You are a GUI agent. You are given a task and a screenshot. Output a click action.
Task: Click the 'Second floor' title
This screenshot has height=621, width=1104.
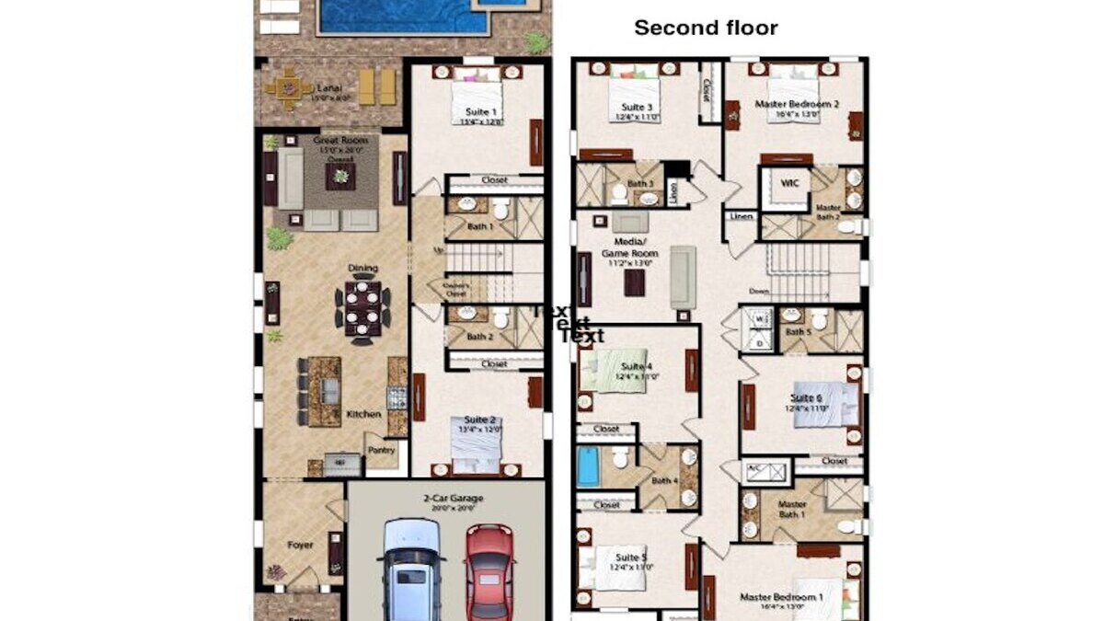(x=706, y=29)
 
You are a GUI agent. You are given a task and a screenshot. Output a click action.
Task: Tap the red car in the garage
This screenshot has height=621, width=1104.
(x=489, y=570)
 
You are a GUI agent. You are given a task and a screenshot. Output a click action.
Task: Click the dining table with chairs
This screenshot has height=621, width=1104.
(x=362, y=308)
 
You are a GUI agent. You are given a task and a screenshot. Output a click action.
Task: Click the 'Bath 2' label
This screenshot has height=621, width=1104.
(x=479, y=337)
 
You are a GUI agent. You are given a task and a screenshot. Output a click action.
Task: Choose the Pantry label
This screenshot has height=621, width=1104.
(x=381, y=450)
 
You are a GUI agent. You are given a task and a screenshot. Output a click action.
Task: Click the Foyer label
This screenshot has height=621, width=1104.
(x=300, y=545)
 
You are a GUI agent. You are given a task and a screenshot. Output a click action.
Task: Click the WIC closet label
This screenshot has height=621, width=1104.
(x=788, y=184)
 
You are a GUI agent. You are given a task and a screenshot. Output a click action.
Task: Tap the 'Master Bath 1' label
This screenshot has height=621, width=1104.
(x=791, y=510)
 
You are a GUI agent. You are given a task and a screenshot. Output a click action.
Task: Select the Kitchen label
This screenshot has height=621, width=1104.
(x=363, y=414)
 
